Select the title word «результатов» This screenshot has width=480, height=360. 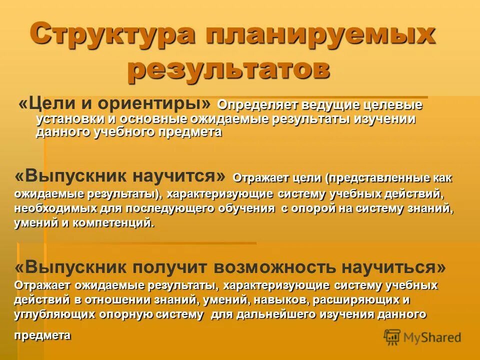pyautogui.click(x=228, y=70)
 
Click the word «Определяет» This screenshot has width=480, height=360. pyautogui.click(x=257, y=105)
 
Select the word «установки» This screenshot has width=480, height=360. pyautogui.click(x=69, y=119)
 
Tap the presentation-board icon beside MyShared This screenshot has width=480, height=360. pyautogui.click(x=392, y=337)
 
